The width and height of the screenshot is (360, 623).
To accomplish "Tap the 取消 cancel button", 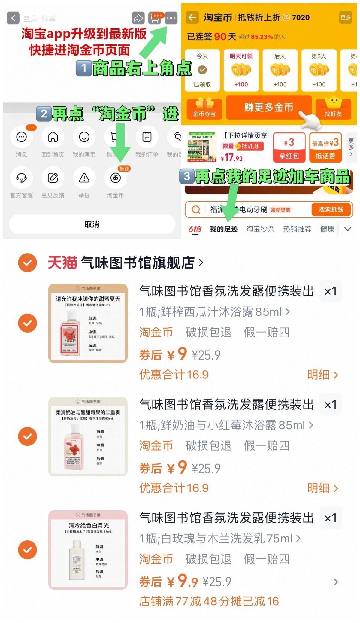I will click(92, 224).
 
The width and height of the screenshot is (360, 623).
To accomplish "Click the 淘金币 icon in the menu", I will click(116, 178).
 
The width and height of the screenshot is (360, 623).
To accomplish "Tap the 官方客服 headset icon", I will click(21, 178).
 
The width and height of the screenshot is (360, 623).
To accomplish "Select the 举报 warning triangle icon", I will click(84, 178).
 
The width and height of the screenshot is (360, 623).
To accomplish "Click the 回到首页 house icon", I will click(53, 137).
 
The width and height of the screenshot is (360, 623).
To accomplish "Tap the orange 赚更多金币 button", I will click(268, 107).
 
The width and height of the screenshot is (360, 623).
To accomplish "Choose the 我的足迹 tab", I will click(224, 229).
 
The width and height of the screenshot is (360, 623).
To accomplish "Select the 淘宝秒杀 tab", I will click(260, 229).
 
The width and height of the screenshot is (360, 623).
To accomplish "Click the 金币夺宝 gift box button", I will click(204, 108).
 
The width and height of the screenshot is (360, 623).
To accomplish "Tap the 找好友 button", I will click(333, 108).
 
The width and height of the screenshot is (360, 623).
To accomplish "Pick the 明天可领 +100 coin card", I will click(241, 71).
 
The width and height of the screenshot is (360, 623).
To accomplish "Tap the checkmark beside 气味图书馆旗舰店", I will click(27, 263).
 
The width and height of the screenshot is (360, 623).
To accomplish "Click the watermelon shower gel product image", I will click(88, 323).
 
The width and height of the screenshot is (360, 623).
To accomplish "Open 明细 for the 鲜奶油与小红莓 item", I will click(322, 488).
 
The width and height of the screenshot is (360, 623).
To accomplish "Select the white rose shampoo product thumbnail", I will click(88, 550).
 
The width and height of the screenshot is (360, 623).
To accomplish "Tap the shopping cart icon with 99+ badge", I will click(155, 18).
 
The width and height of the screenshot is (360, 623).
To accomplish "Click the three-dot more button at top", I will click(171, 18).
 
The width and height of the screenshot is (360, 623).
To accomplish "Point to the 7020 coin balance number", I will click(301, 17).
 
